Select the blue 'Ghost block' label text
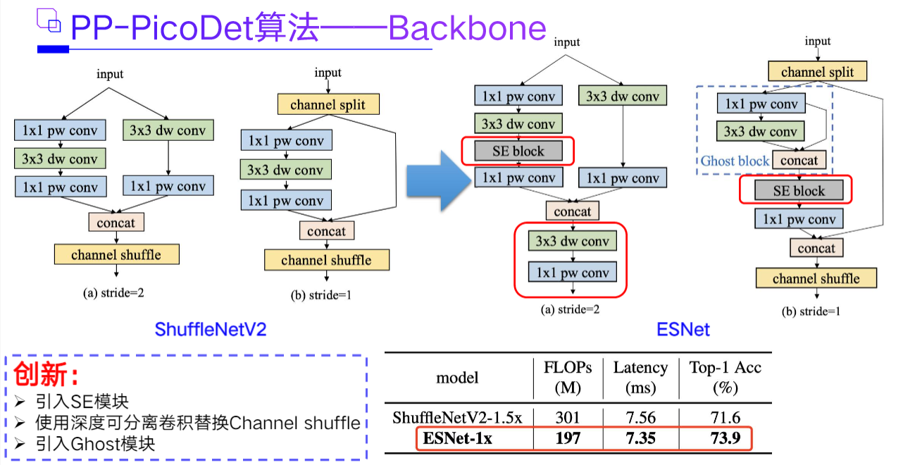[x=734, y=161]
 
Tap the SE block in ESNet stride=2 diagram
[x=518, y=151]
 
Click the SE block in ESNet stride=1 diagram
[x=799, y=191]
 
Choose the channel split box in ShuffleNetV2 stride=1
[x=328, y=105]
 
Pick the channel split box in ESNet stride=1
[x=817, y=72]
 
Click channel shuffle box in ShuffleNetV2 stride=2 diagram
[x=116, y=254]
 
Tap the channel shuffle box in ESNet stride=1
[x=816, y=278]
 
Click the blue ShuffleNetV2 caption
[x=211, y=329]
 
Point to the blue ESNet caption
[x=683, y=329]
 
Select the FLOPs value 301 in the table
[x=568, y=418]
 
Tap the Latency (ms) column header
[x=640, y=377]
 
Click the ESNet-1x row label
[x=457, y=438]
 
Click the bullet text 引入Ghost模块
[x=94, y=444]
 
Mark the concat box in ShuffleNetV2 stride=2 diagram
[x=116, y=223]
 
